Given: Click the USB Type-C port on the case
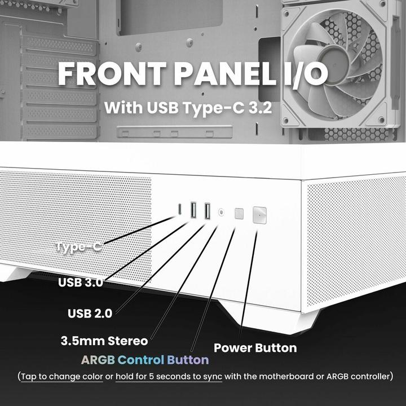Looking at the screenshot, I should pyautogui.click(x=180, y=210).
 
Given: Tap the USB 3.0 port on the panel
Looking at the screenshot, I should pyautogui.click(x=193, y=210).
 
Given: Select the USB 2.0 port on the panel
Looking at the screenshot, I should pyautogui.click(x=206, y=211).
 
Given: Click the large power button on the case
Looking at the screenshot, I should pyautogui.click(x=259, y=214).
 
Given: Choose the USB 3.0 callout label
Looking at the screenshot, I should pyautogui.click(x=81, y=282).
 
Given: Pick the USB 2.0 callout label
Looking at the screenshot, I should pyautogui.click(x=90, y=312).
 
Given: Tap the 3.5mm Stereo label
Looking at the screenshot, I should pyautogui.click(x=104, y=341).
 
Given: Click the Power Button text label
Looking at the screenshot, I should pyautogui.click(x=255, y=347).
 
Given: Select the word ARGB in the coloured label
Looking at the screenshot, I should pyautogui.click(x=98, y=360).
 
